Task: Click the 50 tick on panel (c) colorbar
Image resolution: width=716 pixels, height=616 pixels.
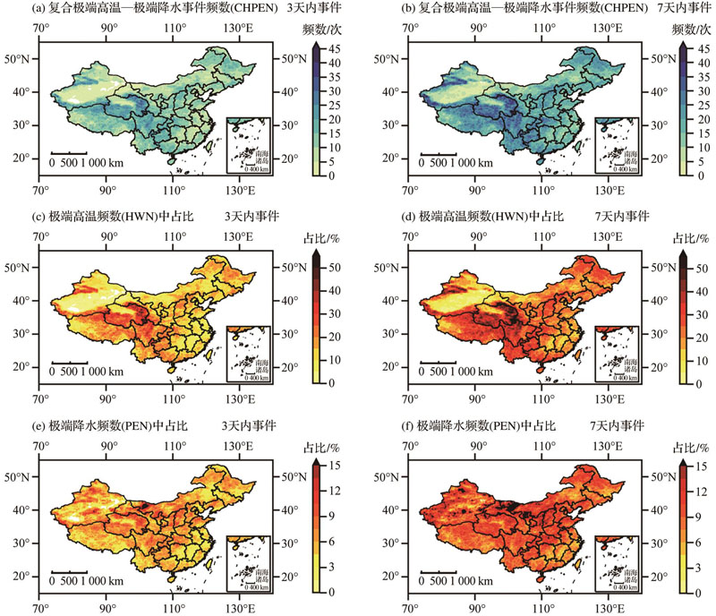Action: click(331, 267)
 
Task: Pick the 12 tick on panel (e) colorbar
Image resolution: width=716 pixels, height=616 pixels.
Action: click(331, 491)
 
